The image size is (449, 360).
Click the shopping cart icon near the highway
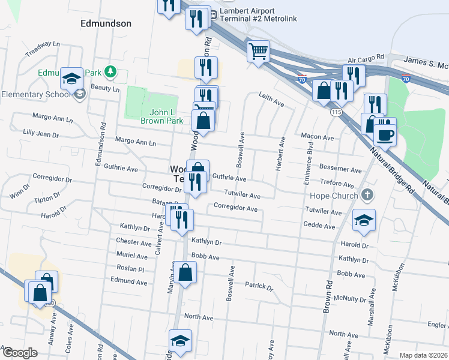coord(258,51)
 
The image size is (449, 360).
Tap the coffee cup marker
coord(385,134)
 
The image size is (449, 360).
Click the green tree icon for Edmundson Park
coord(109,72)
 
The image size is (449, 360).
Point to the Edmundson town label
coord(106,23)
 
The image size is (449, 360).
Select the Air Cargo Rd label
coord(365,58)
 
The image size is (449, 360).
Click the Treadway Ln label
coord(43,49)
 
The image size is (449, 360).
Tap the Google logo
coord(20,352)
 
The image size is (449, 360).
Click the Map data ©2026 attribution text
coord(423,355)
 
